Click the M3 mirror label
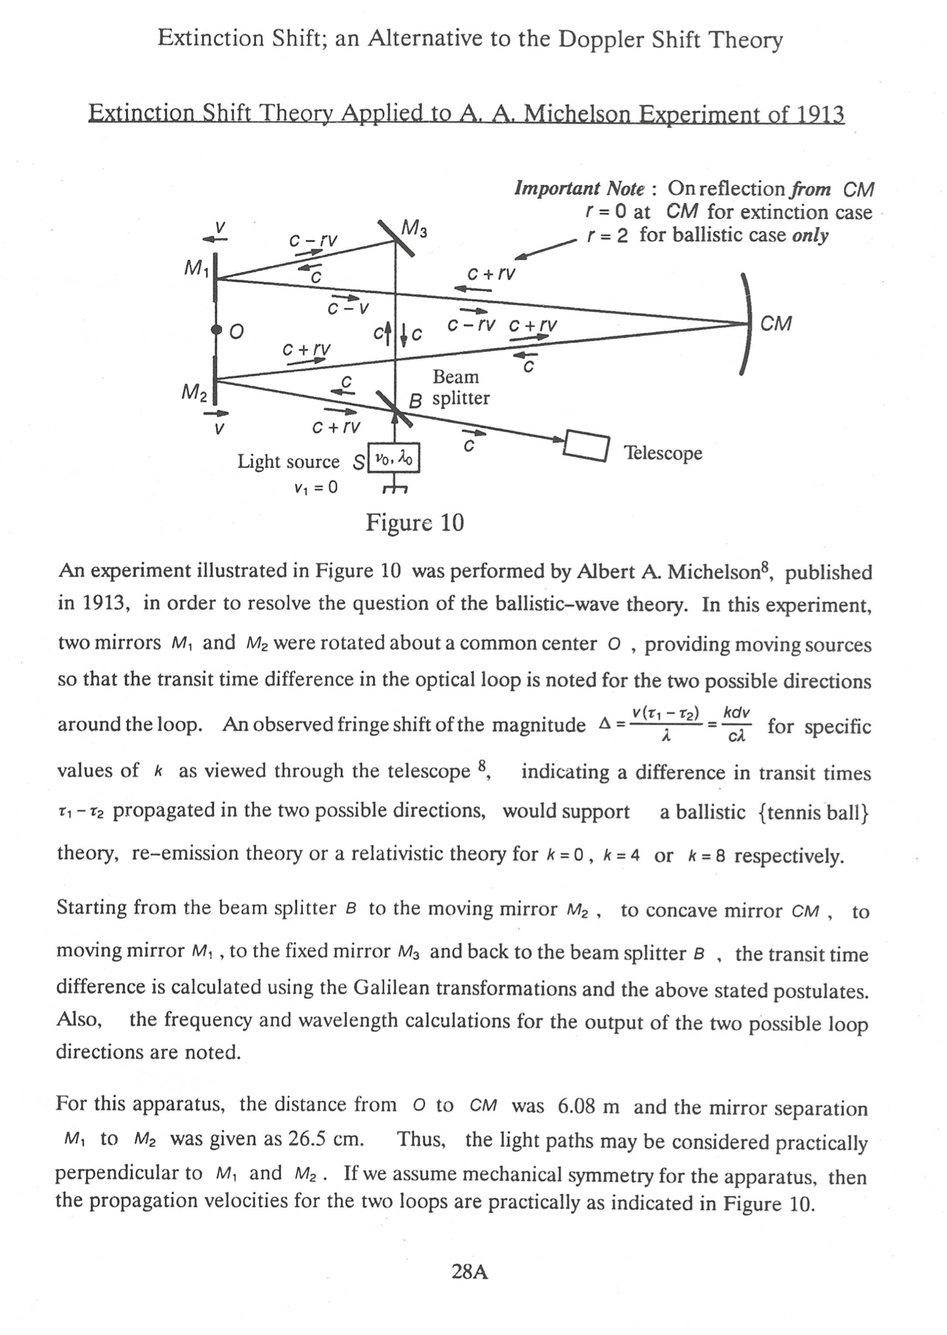point(413,229)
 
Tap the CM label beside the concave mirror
point(776,324)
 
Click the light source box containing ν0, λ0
point(394,460)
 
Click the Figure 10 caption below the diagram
point(415,523)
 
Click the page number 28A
point(470,1271)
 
